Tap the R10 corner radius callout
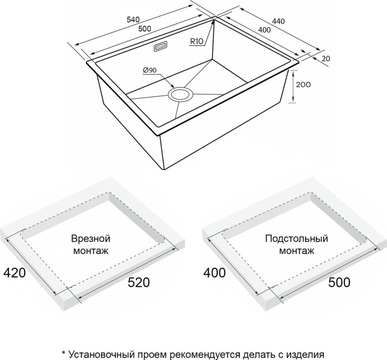(197, 41)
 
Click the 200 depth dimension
(304, 85)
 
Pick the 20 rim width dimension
(326, 58)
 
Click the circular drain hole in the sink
(181, 94)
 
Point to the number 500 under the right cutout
(339, 282)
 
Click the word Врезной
(91, 239)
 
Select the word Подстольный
(296, 239)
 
